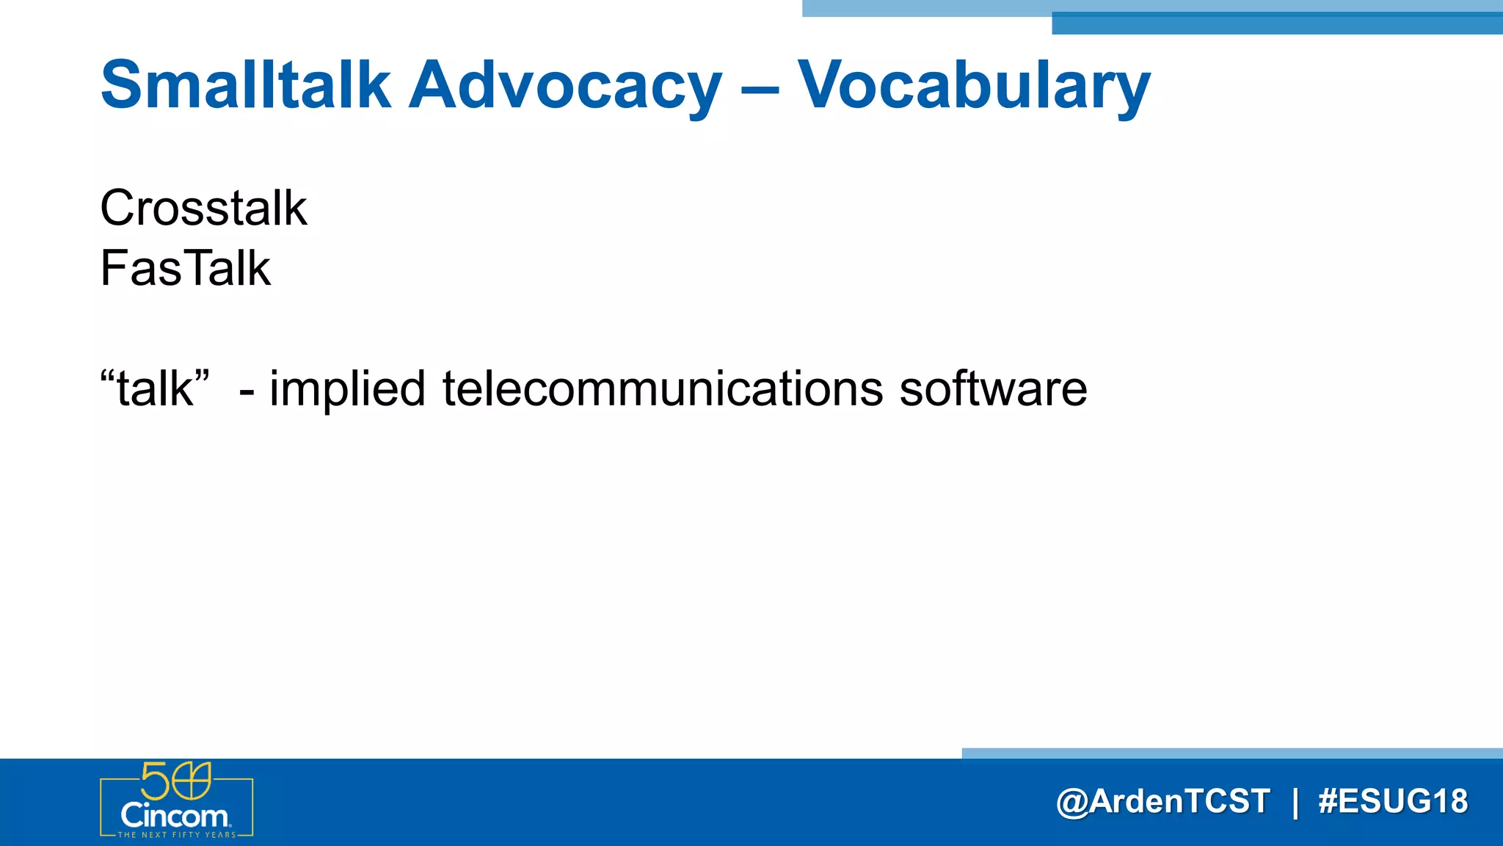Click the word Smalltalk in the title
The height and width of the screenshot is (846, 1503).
point(245,85)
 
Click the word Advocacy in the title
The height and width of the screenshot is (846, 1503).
point(565,85)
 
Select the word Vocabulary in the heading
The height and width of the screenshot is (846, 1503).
point(974,85)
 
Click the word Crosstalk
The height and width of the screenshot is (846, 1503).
point(203,208)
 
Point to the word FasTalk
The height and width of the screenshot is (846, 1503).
point(185,268)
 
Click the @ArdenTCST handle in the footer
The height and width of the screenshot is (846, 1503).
point(1162,801)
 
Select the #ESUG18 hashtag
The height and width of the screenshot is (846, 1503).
point(1393,801)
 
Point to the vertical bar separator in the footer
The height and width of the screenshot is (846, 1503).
point(1295,802)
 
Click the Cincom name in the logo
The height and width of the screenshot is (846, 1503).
point(175,816)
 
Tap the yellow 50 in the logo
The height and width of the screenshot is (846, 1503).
point(175,781)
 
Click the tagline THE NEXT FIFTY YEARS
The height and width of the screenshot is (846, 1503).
point(176,835)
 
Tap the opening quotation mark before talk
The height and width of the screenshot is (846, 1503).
point(107,375)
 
